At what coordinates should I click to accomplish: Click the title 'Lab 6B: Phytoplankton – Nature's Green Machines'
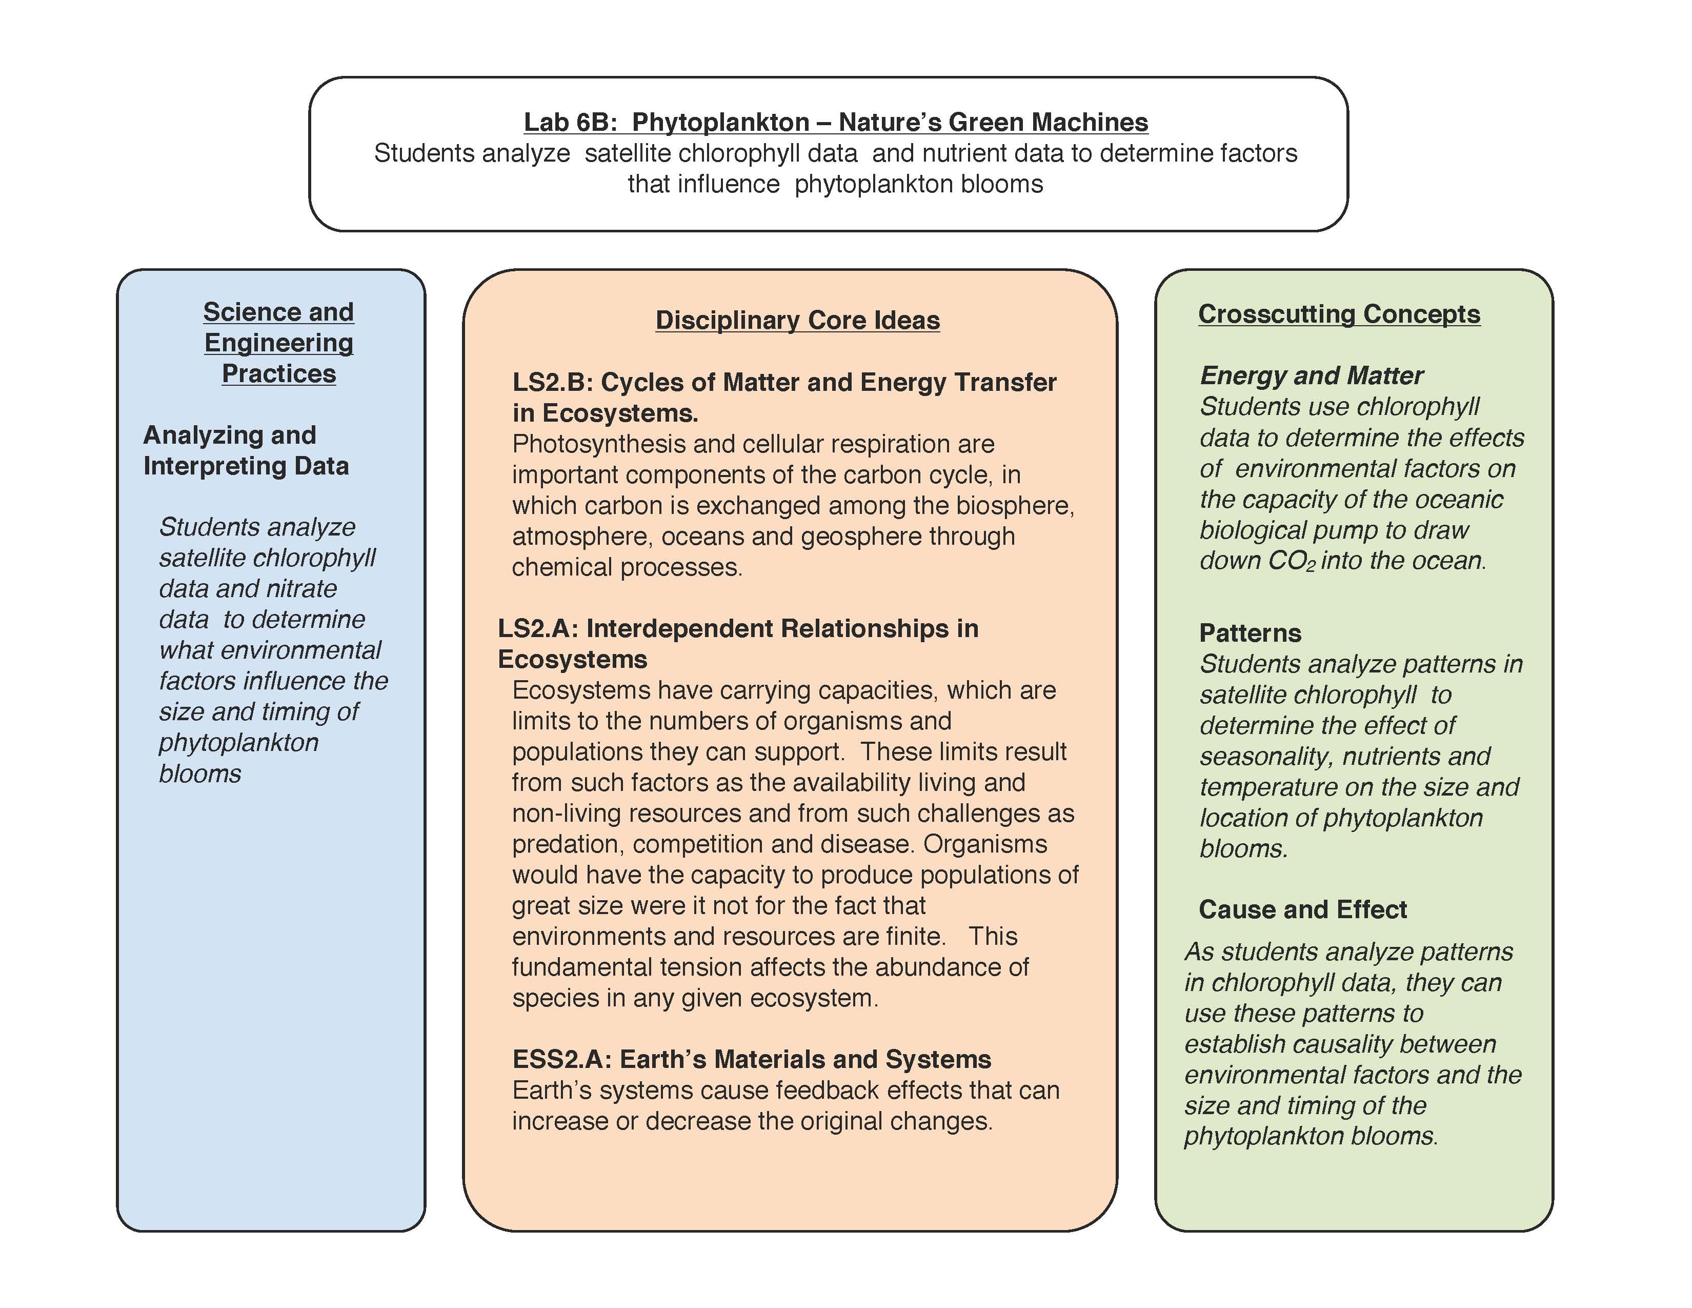point(835,123)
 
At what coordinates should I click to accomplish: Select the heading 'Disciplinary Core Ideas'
point(797,320)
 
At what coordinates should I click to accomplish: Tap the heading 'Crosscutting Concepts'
point(1339,314)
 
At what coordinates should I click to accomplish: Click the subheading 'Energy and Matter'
point(1311,376)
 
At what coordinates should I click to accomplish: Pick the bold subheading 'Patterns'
point(1250,633)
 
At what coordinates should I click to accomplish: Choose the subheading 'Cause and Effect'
point(1302,910)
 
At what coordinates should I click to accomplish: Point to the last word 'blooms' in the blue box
point(200,774)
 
